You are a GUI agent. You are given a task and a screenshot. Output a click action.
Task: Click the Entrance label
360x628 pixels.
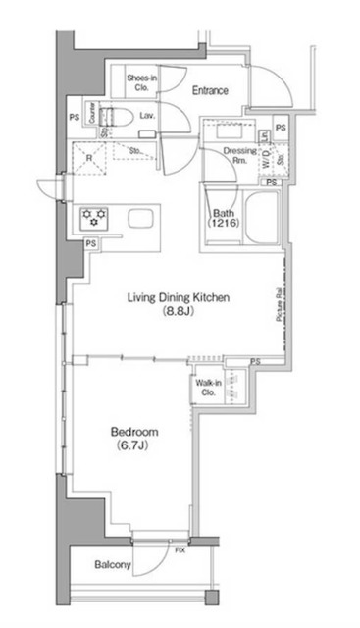point(210,91)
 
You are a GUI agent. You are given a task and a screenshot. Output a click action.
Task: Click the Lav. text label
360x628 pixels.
point(147,116)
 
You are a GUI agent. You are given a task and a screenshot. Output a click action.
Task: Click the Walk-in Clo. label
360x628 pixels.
point(209,388)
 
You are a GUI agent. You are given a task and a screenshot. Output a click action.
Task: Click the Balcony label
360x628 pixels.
point(114,566)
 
